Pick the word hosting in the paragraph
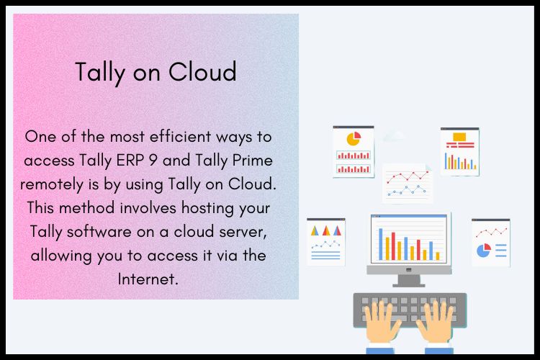point(205,207)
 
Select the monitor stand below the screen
point(408,279)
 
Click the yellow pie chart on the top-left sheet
point(353,138)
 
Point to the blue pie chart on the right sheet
point(483,250)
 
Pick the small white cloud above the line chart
point(394,135)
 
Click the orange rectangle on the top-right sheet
point(459,136)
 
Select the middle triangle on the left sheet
point(325,231)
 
